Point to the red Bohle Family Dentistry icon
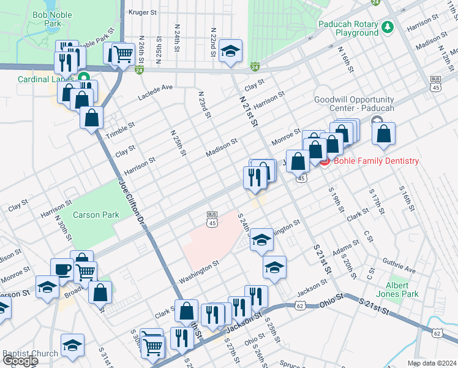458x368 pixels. coord(325,161)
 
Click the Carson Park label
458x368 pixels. coord(96,215)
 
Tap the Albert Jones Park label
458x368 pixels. coord(402,289)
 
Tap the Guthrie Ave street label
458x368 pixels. coord(400,267)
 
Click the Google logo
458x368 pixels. coord(20,361)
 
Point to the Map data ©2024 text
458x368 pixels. coord(432,363)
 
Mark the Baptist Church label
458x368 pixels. coord(30,353)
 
